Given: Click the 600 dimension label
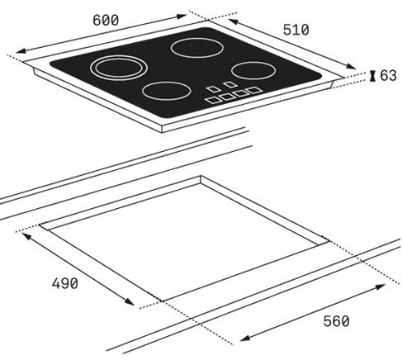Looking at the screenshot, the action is [x=106, y=20].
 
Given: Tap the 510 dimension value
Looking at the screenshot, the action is [x=296, y=30].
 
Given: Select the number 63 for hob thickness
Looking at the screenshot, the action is [x=388, y=76].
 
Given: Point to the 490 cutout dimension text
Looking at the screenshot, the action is [x=65, y=283].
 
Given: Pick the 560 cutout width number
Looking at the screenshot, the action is [x=336, y=321].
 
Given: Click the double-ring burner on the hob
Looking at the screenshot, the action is [x=119, y=68].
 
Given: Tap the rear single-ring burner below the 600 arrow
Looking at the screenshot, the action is [x=196, y=48].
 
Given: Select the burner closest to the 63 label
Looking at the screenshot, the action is [x=253, y=70].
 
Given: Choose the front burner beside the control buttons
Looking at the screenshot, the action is [x=167, y=91].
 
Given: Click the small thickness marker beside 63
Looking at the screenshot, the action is [x=373, y=76].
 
